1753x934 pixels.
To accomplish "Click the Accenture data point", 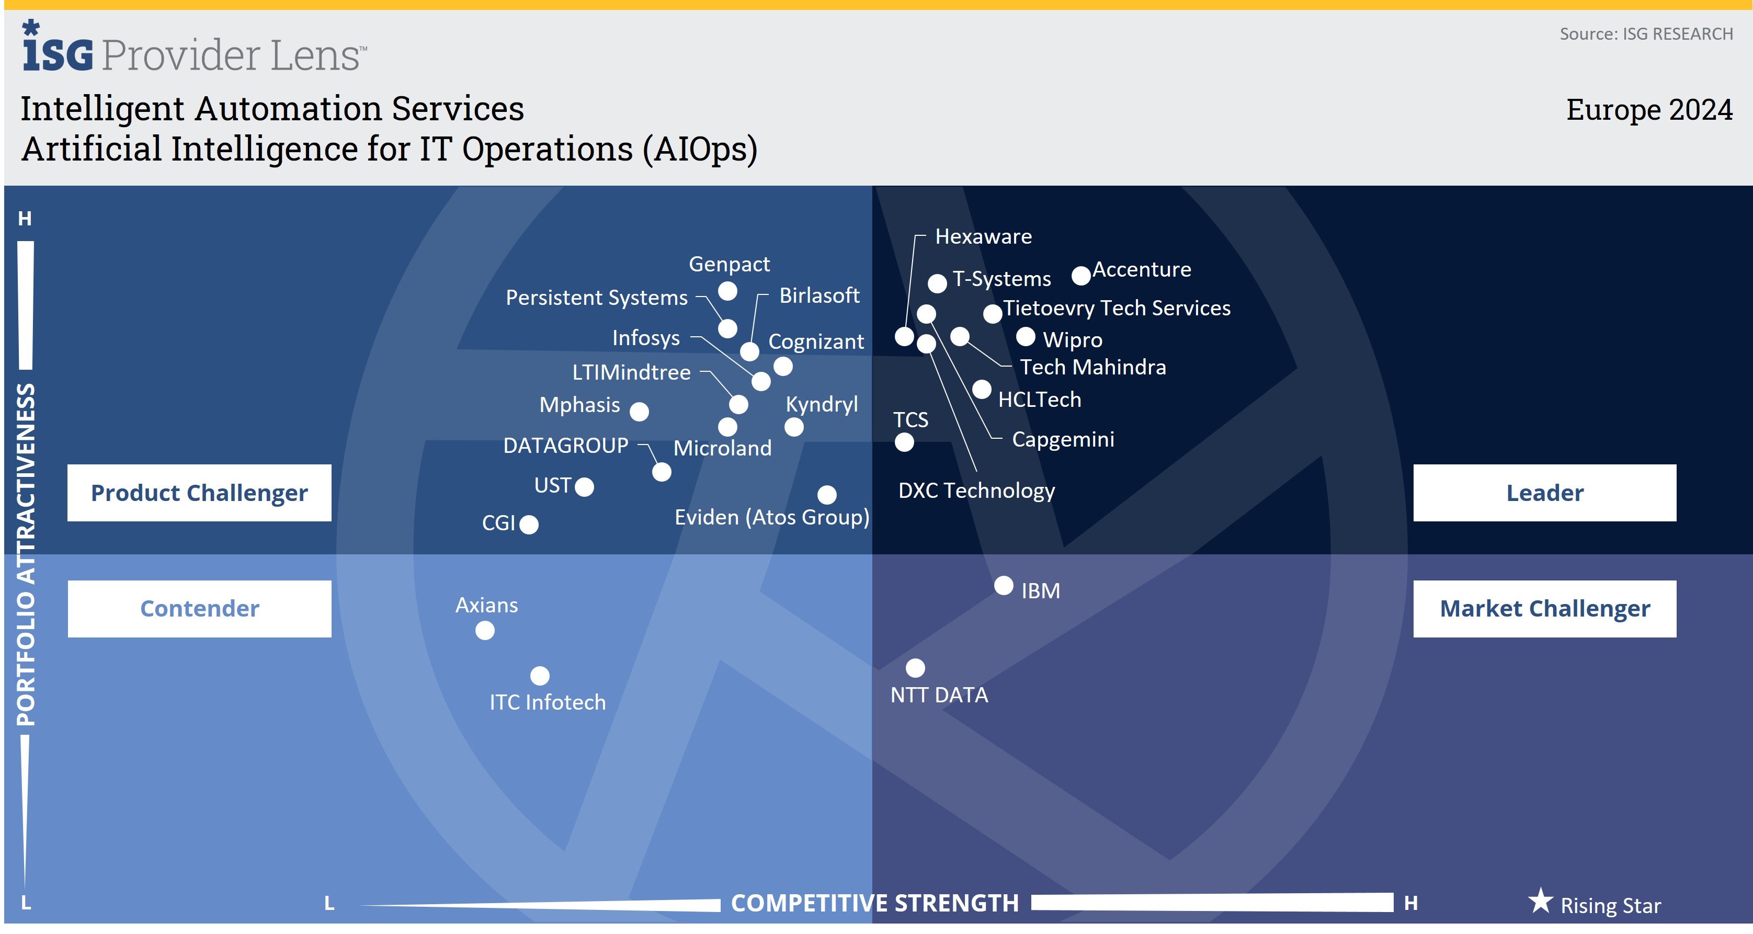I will pyautogui.click(x=1080, y=276).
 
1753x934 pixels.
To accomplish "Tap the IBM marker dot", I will pyautogui.click(x=1004, y=586).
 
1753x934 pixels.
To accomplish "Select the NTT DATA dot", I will pyautogui.click(x=915, y=668).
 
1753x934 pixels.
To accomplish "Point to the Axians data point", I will pyautogui.click(x=484, y=631).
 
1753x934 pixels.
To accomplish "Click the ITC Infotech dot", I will pyautogui.click(x=540, y=676).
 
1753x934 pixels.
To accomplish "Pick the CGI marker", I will pyautogui.click(x=529, y=525).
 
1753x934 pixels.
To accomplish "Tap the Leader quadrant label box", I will pyautogui.click(x=1544, y=493).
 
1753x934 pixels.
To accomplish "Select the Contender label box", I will pyautogui.click(x=199, y=609).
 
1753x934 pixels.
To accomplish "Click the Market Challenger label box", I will pyautogui.click(x=1544, y=609).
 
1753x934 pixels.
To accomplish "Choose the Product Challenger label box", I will pyautogui.click(x=199, y=493).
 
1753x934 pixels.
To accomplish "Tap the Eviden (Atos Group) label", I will pyautogui.click(x=772, y=518).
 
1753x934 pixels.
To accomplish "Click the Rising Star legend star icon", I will pyautogui.click(x=1540, y=902).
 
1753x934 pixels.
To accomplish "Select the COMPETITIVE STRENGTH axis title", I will pyautogui.click(x=874, y=903).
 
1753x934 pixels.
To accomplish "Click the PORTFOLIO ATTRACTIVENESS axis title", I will pyautogui.click(x=26, y=554).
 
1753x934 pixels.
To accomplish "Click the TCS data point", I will pyautogui.click(x=904, y=442).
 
